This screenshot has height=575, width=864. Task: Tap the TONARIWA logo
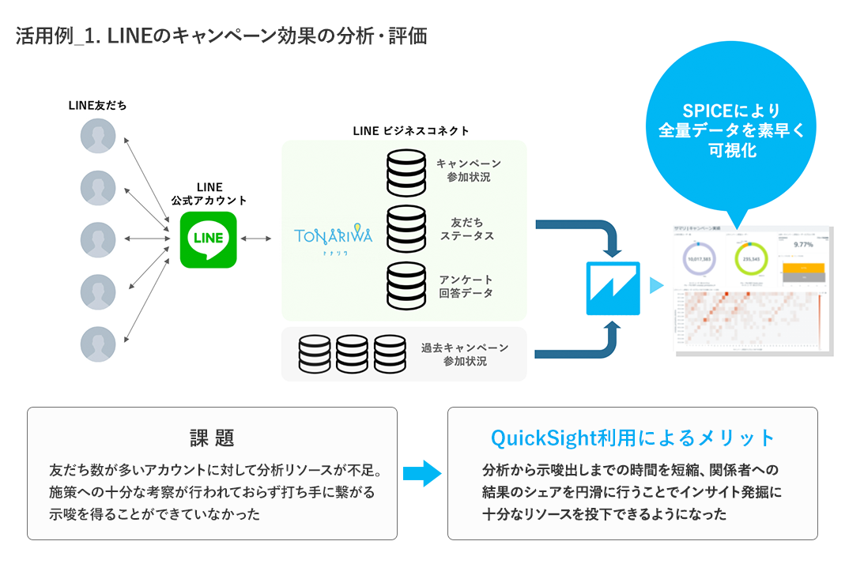pyautogui.click(x=333, y=238)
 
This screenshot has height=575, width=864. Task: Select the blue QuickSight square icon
pyautogui.click(x=613, y=287)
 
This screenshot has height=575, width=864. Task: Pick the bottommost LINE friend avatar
pyautogui.click(x=98, y=344)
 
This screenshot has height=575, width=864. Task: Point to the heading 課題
pyautogui.click(x=212, y=438)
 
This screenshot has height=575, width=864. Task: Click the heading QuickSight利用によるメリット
pyautogui.click(x=632, y=438)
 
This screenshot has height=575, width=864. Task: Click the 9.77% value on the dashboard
pyautogui.click(x=803, y=245)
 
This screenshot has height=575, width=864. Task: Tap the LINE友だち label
pyautogui.click(x=97, y=104)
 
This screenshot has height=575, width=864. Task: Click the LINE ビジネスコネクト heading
pyautogui.click(x=410, y=130)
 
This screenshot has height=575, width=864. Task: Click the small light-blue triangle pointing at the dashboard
pyautogui.click(x=655, y=286)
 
